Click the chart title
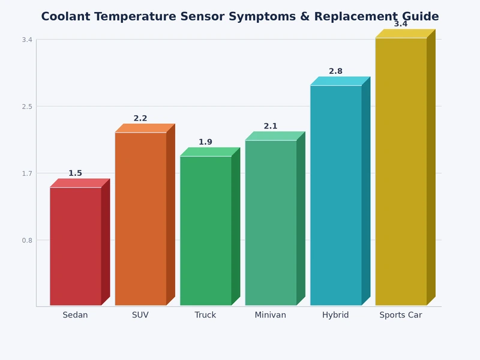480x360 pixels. pos(240,17)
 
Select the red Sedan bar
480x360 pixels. pos(76,246)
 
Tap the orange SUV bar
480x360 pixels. pos(140,219)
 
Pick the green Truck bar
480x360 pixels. pos(206,230)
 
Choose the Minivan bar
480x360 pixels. pos(271,223)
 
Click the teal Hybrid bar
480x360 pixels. pos(336,195)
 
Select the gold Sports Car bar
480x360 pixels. pos(401,172)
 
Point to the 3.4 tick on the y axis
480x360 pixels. pos(27,40)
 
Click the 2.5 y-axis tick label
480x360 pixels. pos(27,107)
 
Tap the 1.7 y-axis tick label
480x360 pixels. pos(27,173)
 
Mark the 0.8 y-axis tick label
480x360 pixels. pos(27,241)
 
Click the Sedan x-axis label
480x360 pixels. pos(75,315)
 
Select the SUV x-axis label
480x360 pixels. pos(140,315)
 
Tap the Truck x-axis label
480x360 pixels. pos(205,315)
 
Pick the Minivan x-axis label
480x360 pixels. pos(271,315)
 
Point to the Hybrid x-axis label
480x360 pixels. pos(335,315)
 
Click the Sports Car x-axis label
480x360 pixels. pos(401,315)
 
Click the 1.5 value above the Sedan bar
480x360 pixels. pos(75,173)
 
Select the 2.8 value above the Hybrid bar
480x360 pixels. pos(335,71)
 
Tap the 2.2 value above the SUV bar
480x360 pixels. pos(140,119)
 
